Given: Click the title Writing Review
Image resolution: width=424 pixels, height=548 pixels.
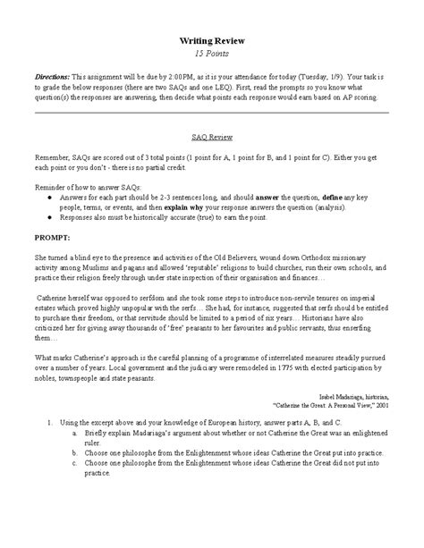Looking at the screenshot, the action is tap(212, 40).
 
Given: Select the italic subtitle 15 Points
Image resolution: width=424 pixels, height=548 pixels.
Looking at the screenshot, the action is tap(212, 55).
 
